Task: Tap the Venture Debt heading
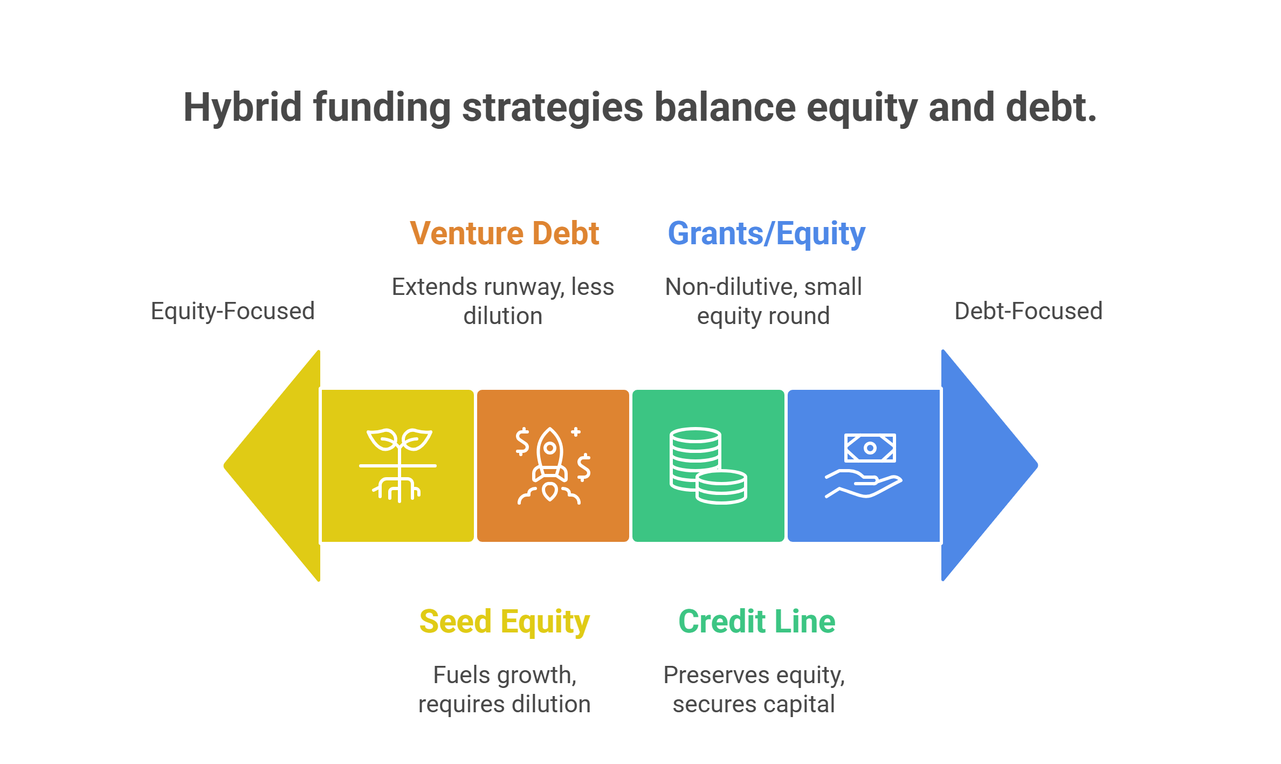(505, 233)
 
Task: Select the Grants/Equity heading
(767, 235)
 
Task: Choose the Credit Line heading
(757, 622)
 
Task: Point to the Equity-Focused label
(233, 311)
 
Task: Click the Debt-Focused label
(1029, 311)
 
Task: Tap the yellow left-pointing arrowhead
(272, 466)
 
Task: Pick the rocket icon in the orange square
(551, 466)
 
